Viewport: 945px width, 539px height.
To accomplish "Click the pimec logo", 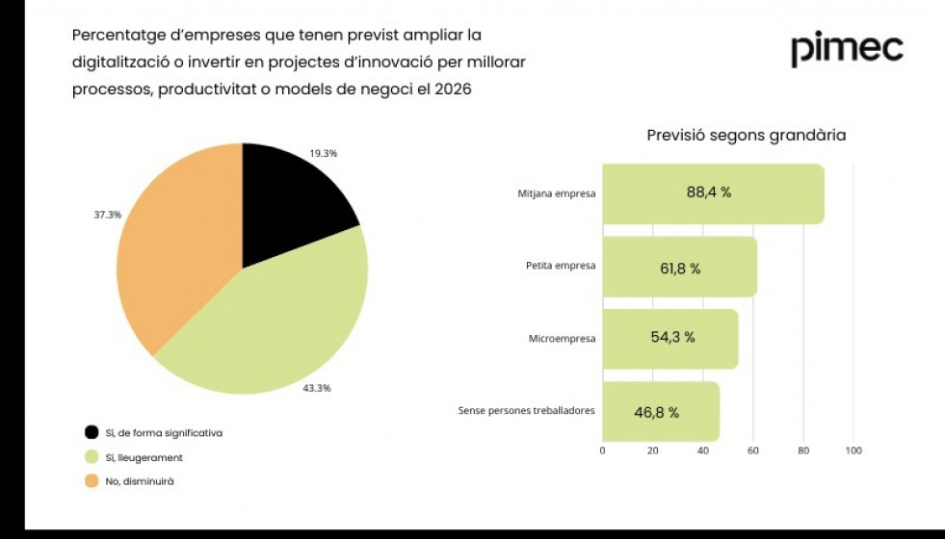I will [x=847, y=49].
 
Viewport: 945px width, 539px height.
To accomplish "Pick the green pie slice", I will [x=279, y=327].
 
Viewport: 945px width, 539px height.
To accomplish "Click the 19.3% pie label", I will [x=323, y=153].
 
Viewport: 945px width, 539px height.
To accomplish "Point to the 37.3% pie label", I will [x=107, y=215].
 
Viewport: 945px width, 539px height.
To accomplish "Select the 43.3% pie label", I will [x=317, y=388].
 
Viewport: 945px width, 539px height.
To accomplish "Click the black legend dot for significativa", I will [x=92, y=433].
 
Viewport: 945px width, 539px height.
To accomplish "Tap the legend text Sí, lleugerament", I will [x=144, y=458].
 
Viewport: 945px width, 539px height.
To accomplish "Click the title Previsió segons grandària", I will [x=746, y=136].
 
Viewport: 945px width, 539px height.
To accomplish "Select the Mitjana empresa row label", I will [x=556, y=193].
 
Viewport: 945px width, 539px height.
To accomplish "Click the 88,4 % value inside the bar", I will [x=708, y=192].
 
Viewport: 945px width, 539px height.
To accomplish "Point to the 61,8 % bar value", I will [x=680, y=269].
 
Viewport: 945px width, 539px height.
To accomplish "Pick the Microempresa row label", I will [x=562, y=339].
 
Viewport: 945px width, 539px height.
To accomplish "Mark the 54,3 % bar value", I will [x=666, y=338].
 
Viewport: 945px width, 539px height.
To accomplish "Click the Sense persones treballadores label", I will [x=526, y=410].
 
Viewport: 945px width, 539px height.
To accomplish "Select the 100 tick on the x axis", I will [x=853, y=450].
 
